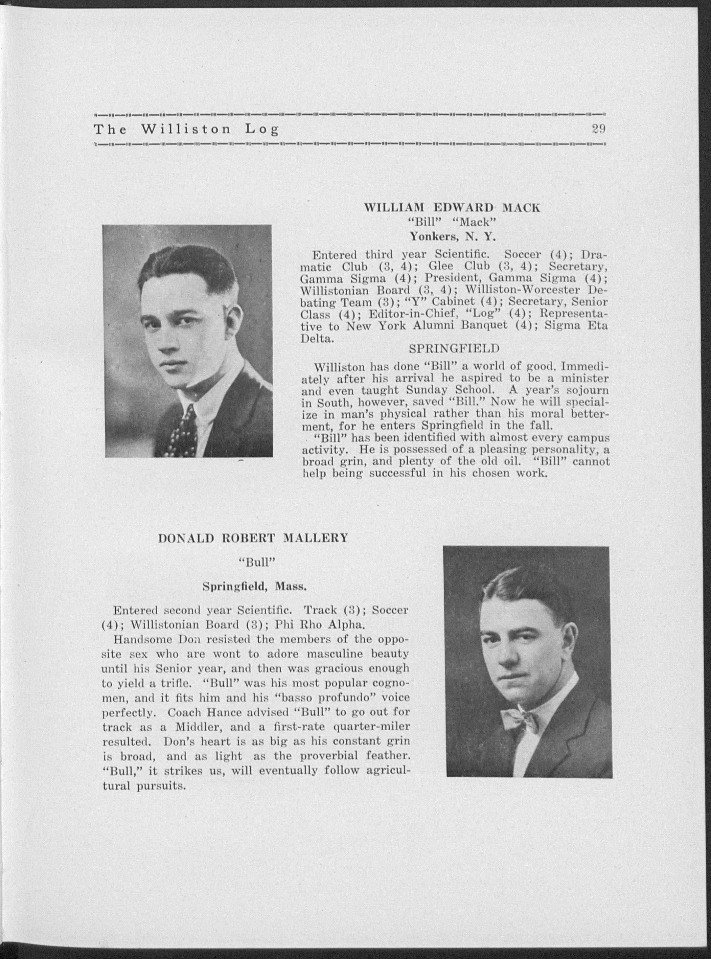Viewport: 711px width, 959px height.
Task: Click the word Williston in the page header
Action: pos(186,130)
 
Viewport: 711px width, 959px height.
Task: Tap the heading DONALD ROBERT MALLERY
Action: pos(253,539)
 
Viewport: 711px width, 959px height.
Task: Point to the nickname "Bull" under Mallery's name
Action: pos(253,562)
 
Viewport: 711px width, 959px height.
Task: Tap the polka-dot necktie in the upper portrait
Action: pos(185,433)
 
